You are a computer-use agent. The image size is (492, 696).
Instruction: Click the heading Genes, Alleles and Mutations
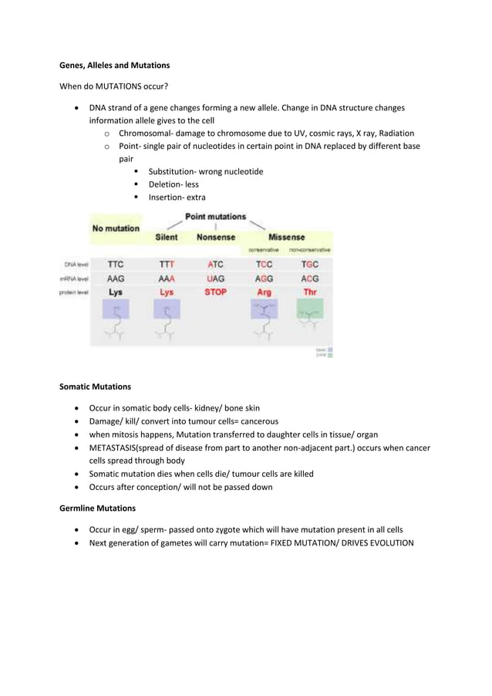[115, 65]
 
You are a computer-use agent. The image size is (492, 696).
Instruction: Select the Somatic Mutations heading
[95, 386]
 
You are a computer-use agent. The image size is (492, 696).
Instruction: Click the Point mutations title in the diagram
[215, 217]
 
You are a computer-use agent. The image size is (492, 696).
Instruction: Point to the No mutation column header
[116, 228]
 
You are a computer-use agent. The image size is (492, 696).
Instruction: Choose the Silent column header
[167, 238]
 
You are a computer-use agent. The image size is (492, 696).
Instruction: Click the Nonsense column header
[215, 238]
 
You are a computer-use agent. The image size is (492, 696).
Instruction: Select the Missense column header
[286, 238]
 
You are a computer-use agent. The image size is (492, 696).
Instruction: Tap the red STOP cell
[215, 292]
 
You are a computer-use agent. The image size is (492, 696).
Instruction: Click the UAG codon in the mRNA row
[215, 278]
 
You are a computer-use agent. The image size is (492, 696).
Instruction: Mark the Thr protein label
[310, 292]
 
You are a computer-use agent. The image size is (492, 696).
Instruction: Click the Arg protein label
[264, 292]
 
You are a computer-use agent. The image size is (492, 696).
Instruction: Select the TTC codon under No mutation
[116, 264]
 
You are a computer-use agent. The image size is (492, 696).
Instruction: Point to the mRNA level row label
[74, 279]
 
